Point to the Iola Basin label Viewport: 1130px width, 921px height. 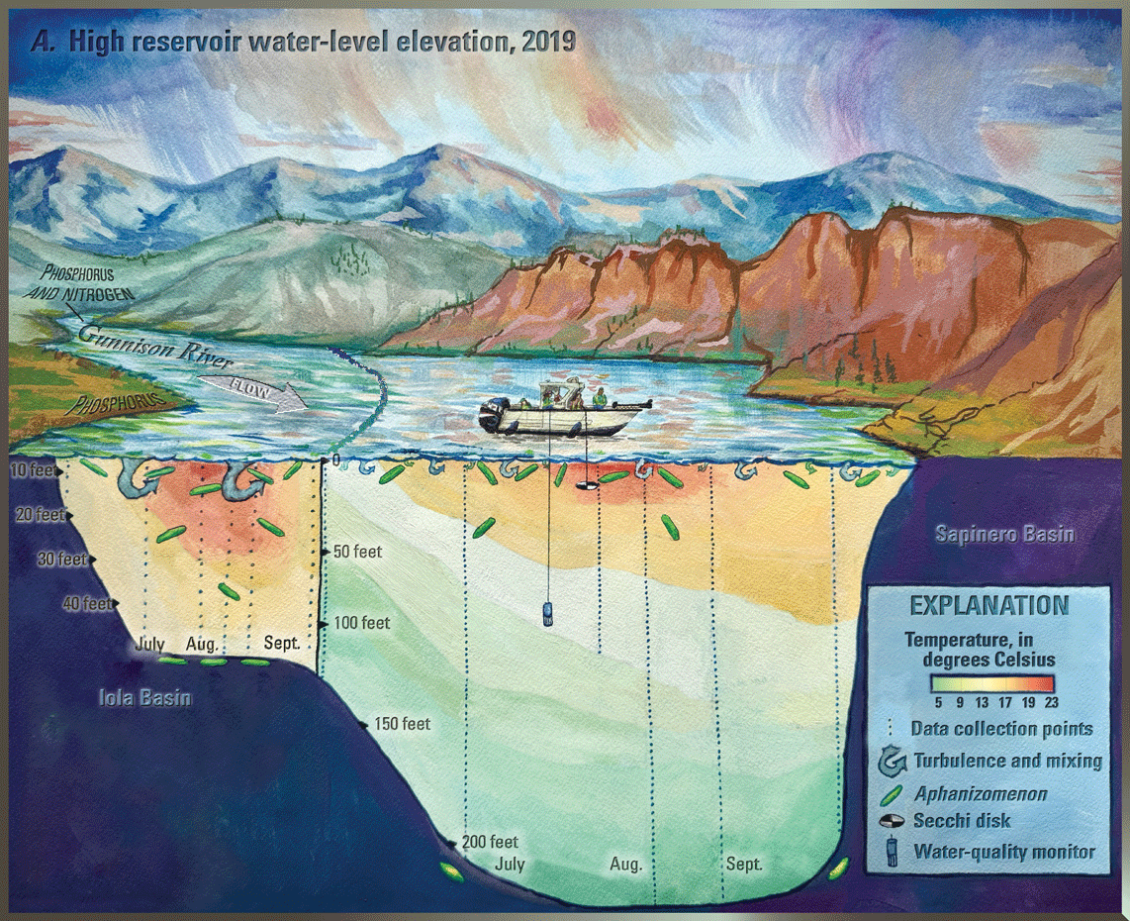coord(144,698)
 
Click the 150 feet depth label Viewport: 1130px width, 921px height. coord(402,724)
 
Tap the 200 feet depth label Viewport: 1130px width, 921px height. coord(489,842)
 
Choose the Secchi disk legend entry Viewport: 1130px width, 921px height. coord(960,820)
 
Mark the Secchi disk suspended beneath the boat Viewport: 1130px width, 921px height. coord(586,487)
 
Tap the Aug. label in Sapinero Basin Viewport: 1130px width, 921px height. coord(625,864)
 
